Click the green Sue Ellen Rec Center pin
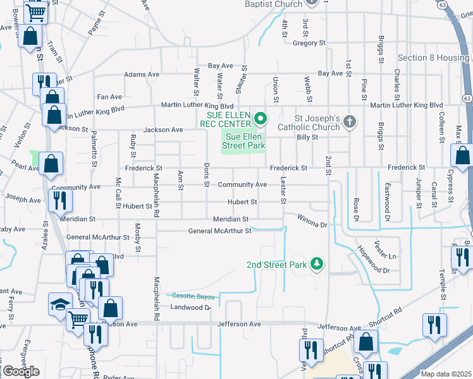click(259, 118)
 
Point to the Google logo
click(20, 371)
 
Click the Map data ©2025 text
click(446, 374)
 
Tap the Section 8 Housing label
click(433, 57)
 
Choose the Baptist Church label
click(274, 4)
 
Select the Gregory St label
click(309, 43)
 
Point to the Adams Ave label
click(142, 75)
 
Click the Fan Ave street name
click(109, 97)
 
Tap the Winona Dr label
click(312, 220)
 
